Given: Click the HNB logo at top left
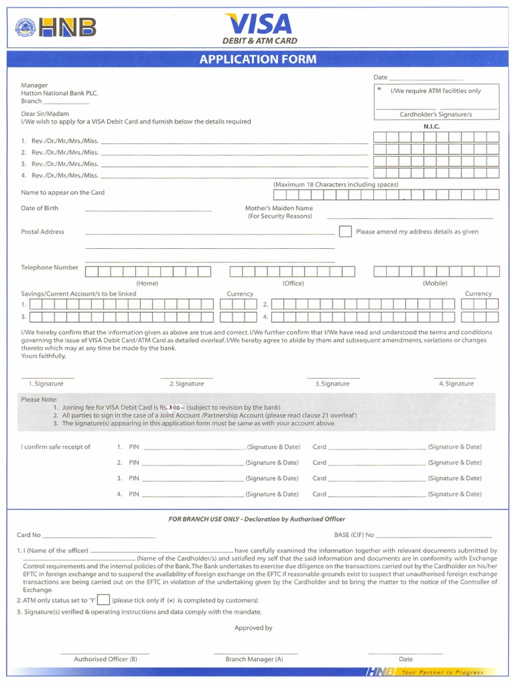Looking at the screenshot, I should click(x=56, y=27).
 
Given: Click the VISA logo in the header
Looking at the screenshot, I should click(x=259, y=24).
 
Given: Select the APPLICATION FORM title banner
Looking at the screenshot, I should click(x=258, y=59).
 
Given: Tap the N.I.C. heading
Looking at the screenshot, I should click(x=432, y=126).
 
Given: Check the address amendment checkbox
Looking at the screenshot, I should click(x=345, y=231).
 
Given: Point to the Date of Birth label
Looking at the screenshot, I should click(x=39, y=208).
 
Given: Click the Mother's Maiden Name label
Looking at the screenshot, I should click(x=279, y=208).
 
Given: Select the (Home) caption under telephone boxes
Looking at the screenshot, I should click(x=147, y=283).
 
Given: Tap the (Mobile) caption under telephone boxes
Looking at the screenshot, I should click(x=435, y=283).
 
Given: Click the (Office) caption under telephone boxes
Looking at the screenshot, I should click(x=293, y=283).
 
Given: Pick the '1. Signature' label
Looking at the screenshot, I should click(x=46, y=384).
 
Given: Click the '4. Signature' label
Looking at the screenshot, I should click(x=456, y=384).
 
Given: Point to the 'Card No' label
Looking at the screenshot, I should click(x=29, y=535).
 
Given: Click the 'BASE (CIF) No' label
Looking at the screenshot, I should click(x=354, y=535).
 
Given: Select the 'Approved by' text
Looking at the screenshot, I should click(x=253, y=628).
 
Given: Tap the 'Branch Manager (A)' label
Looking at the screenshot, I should click(x=254, y=659).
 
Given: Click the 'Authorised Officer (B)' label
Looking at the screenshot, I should click(x=105, y=659).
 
